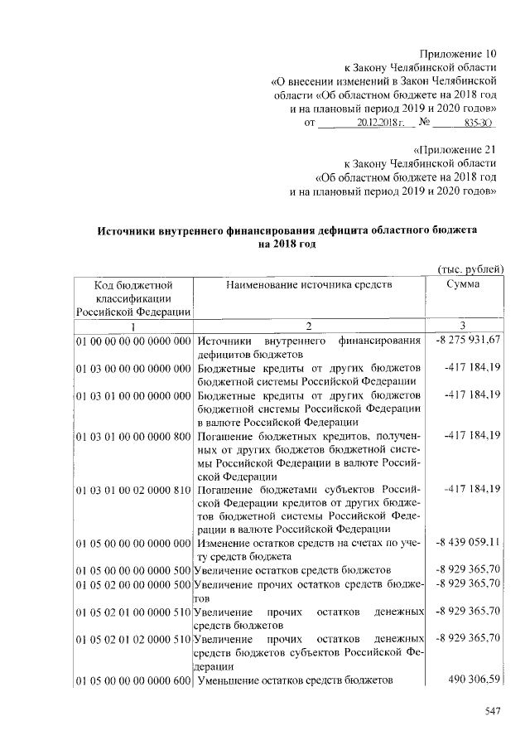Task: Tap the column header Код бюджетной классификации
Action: coord(132,298)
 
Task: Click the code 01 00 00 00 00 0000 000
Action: coord(133,341)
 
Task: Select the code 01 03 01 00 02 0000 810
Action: coord(133,488)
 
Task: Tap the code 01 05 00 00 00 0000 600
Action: coord(133,680)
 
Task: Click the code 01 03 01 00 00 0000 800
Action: coord(133,434)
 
